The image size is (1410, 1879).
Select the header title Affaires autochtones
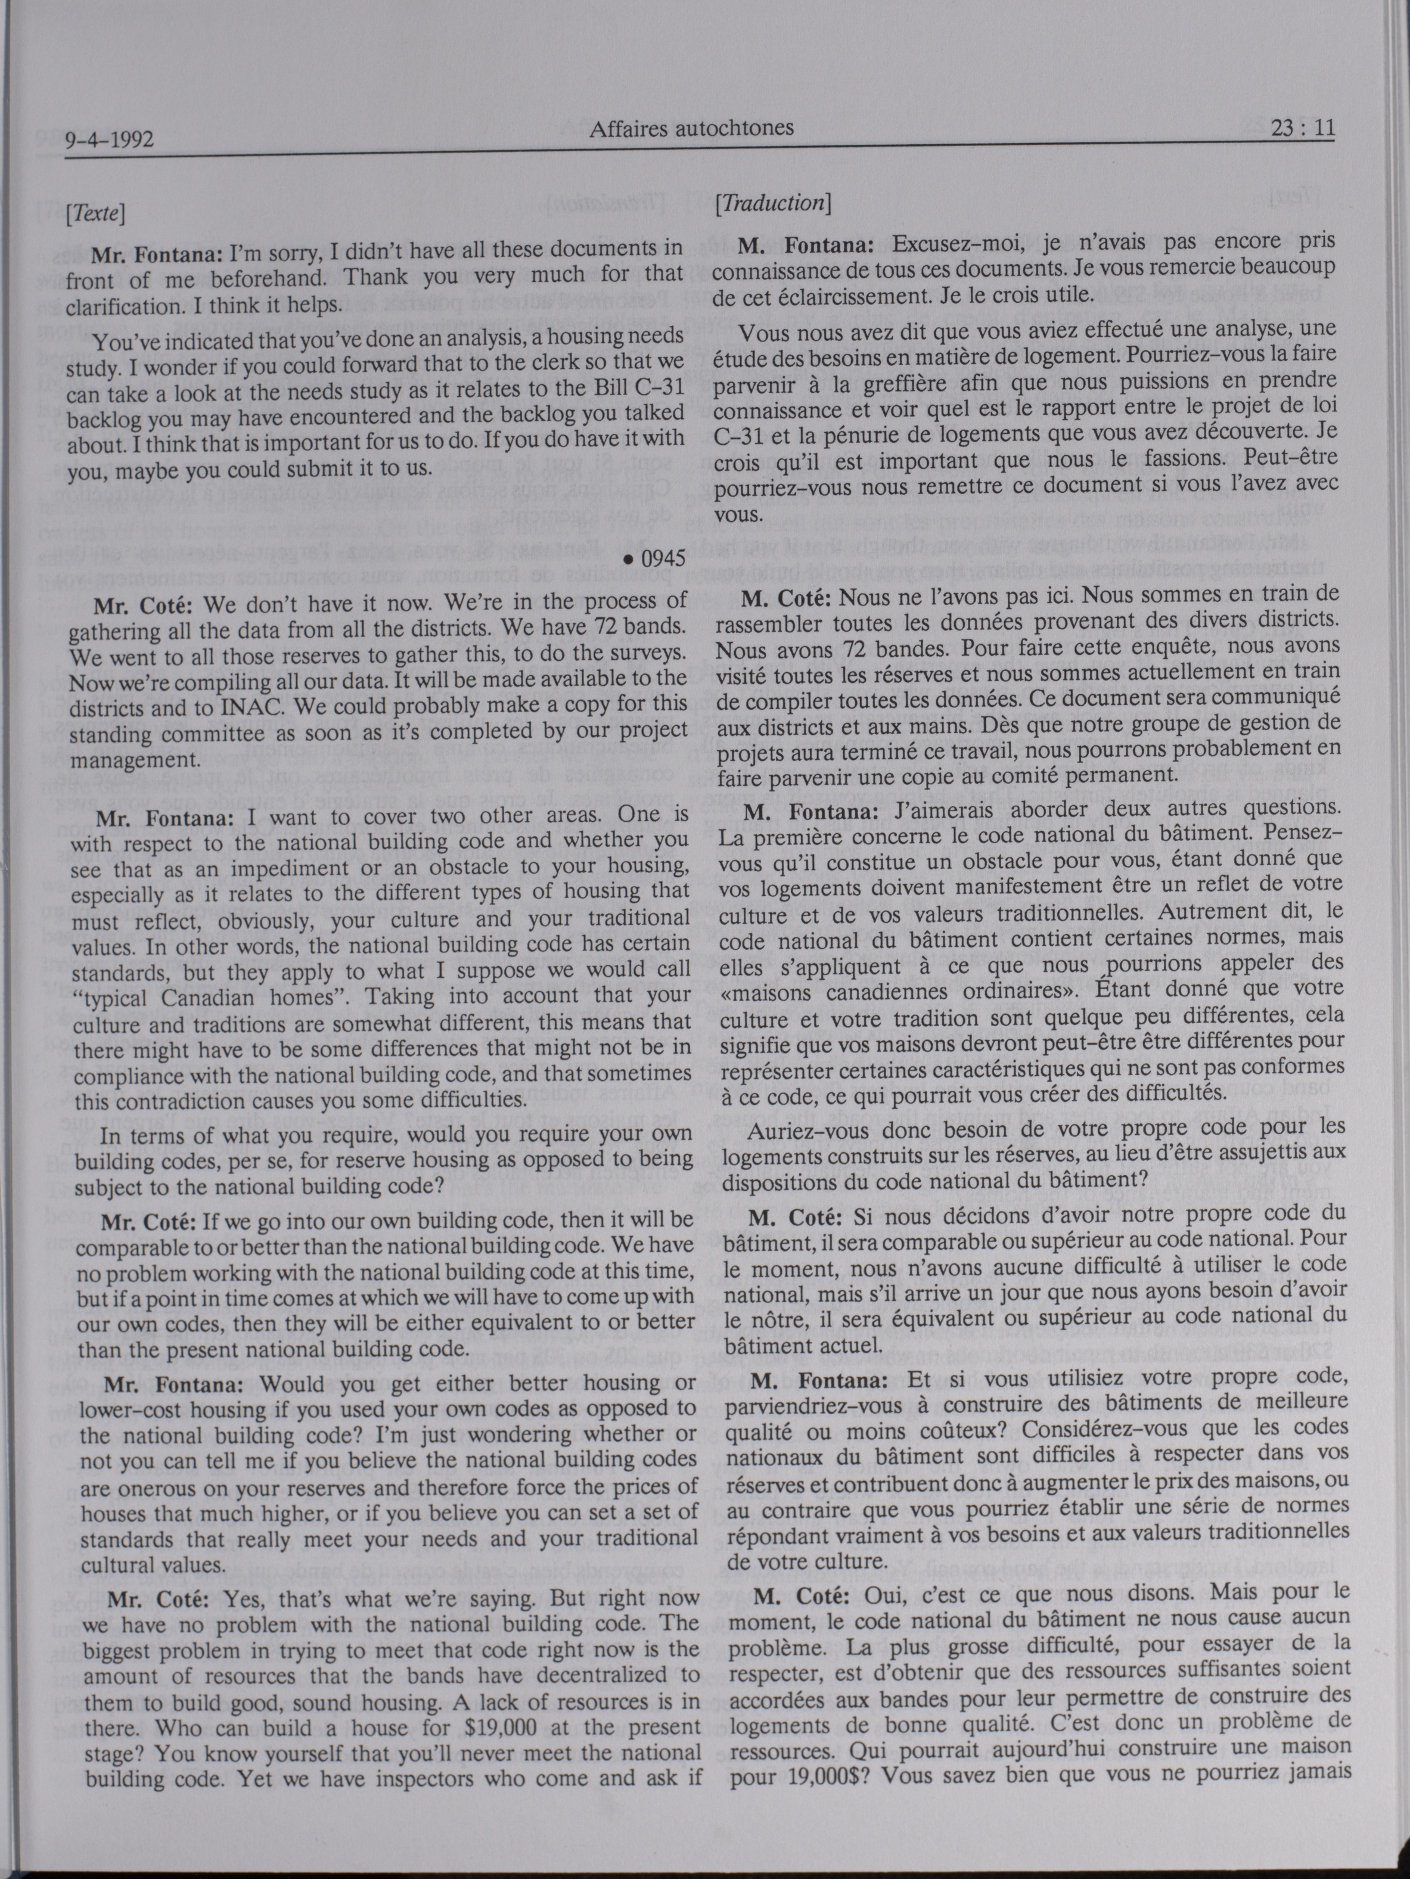pos(691,128)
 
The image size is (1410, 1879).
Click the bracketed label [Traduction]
pos(772,204)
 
